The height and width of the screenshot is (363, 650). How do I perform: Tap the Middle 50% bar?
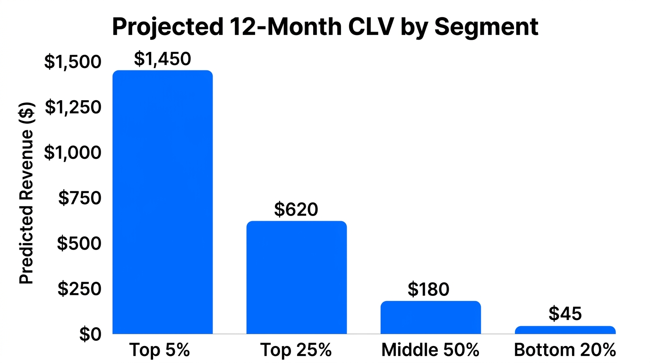(x=430, y=318)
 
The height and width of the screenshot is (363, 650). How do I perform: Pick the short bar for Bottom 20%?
(x=565, y=330)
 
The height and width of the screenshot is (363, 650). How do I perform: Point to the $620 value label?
(x=296, y=209)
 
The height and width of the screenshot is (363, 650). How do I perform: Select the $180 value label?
(x=428, y=289)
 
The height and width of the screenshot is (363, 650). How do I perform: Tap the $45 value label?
(x=565, y=314)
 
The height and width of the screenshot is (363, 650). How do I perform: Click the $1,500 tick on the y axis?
(x=72, y=62)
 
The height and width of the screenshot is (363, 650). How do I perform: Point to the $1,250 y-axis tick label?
(x=73, y=108)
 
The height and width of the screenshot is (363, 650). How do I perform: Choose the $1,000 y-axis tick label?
(x=72, y=153)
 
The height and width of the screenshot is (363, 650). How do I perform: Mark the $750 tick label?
(x=79, y=198)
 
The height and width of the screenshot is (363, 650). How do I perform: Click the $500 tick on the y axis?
(x=79, y=243)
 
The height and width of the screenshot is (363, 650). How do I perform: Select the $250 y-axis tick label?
(x=79, y=289)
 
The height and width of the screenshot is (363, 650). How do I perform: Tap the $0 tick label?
(x=90, y=334)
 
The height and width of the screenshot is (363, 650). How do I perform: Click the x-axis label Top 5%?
(x=159, y=351)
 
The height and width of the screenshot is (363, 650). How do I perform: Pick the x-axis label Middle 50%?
(x=430, y=351)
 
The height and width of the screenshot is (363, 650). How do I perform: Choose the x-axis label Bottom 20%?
(x=565, y=351)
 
